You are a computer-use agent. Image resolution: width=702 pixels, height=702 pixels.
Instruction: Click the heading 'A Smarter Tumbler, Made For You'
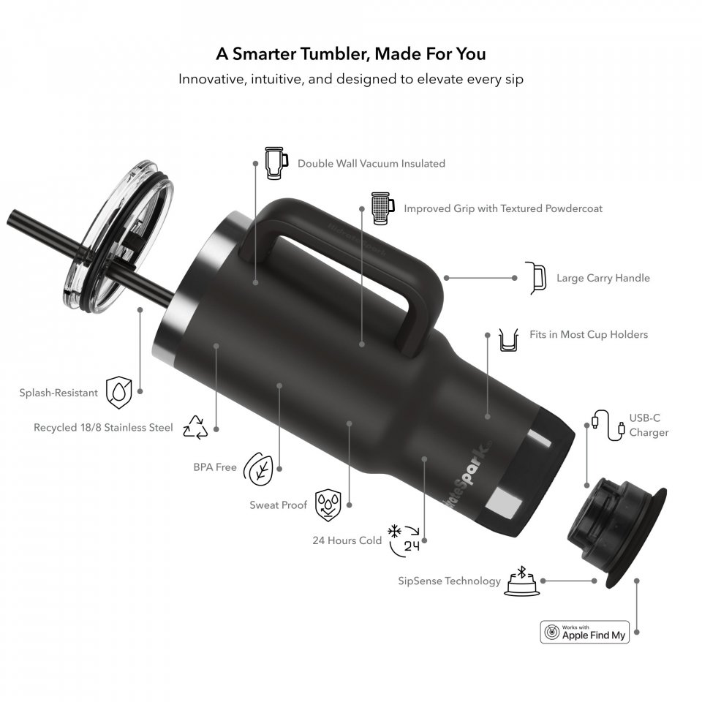pyautogui.click(x=350, y=53)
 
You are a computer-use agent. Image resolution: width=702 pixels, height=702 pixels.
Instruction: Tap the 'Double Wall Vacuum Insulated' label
pyautogui.click(x=371, y=163)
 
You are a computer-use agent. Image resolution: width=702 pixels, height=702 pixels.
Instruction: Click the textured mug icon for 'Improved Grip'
pyautogui.click(x=382, y=208)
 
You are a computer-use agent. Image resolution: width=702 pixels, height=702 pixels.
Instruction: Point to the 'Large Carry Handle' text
pyautogui.click(x=603, y=278)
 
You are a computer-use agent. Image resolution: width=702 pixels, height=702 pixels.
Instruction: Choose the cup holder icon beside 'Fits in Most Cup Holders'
pyautogui.click(x=509, y=340)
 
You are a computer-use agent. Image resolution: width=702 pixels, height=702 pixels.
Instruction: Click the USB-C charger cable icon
pyautogui.click(x=608, y=425)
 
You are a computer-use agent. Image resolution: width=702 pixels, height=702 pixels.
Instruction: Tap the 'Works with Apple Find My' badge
pyautogui.click(x=585, y=632)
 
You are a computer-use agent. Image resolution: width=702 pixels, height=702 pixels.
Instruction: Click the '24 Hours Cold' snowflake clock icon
pyautogui.click(x=404, y=540)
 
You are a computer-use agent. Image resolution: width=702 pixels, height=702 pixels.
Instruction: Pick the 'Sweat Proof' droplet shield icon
pyautogui.click(x=328, y=505)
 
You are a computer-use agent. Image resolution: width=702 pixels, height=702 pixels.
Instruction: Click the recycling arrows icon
pyautogui.click(x=196, y=428)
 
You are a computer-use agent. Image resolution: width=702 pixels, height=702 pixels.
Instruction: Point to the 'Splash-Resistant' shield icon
pyautogui.click(x=119, y=393)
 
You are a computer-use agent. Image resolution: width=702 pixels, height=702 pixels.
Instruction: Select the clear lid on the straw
pyautogui.click(x=119, y=236)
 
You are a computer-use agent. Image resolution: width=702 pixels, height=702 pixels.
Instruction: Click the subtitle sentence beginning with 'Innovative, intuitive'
pyautogui.click(x=351, y=79)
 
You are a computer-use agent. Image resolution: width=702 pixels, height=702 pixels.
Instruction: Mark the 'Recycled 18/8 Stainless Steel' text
pyautogui.click(x=103, y=428)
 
